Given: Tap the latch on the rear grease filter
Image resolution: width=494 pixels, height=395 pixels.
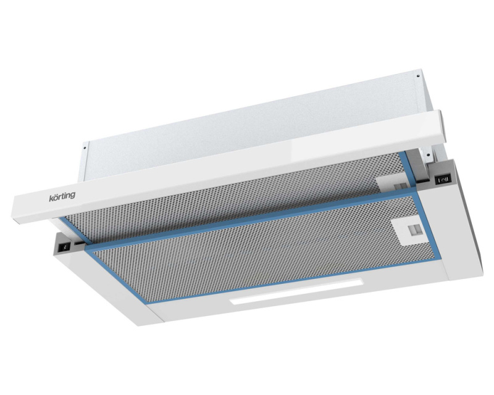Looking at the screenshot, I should coord(391,183).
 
